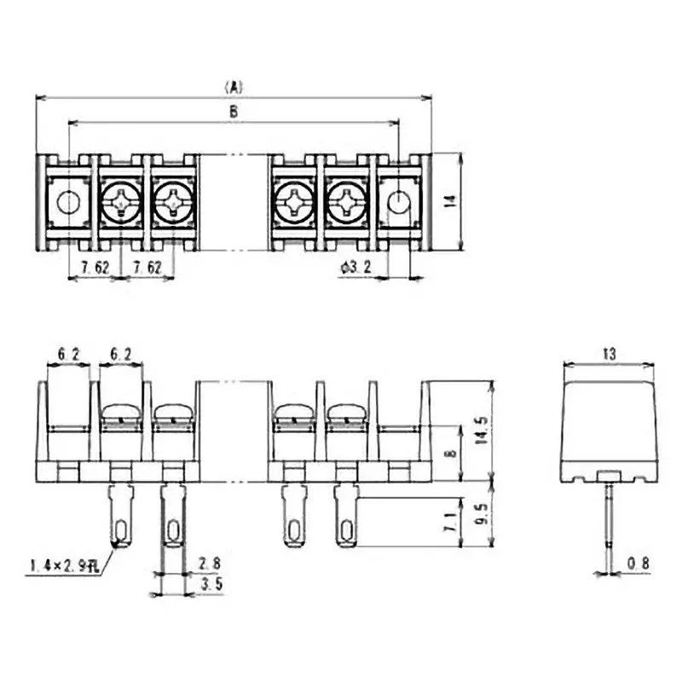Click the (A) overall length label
pos(234,86)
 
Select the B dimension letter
pos(234,112)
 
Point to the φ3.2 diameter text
pos(355,268)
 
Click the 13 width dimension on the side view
pos(609,352)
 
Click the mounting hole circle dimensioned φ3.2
pos(398,202)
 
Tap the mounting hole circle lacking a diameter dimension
pos(67,202)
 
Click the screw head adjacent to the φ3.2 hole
pos(347,203)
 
